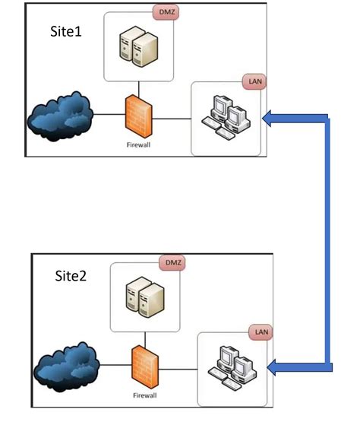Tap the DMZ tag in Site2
point(172,262)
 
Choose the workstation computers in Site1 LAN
point(226,119)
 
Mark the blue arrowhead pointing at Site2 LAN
point(276,368)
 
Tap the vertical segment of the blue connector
point(328,243)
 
